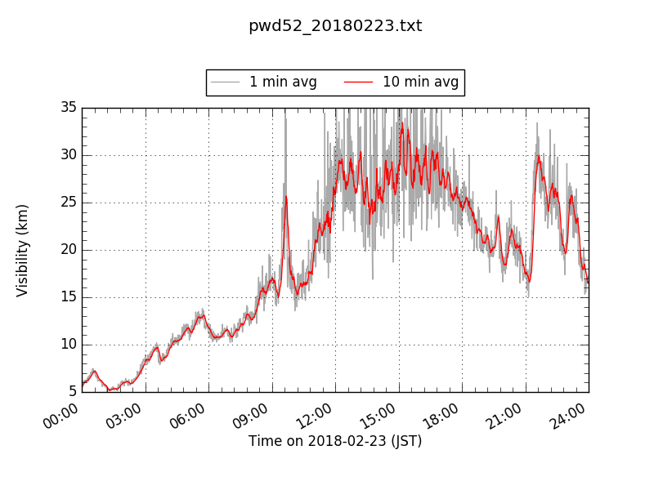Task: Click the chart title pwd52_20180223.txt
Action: point(335,26)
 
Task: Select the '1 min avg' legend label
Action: point(283,82)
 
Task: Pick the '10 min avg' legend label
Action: point(420,82)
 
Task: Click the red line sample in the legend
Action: point(358,82)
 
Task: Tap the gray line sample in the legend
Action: point(225,82)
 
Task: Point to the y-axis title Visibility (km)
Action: point(23,250)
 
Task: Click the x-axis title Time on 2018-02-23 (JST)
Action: point(335,441)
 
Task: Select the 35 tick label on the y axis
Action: point(68,108)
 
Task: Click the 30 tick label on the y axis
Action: point(68,155)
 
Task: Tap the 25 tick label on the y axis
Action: point(68,203)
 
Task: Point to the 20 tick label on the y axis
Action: point(68,250)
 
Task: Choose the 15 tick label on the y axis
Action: point(68,297)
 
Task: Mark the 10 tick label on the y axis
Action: point(68,345)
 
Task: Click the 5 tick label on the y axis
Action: point(72,392)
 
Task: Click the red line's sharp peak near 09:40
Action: point(285,197)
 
